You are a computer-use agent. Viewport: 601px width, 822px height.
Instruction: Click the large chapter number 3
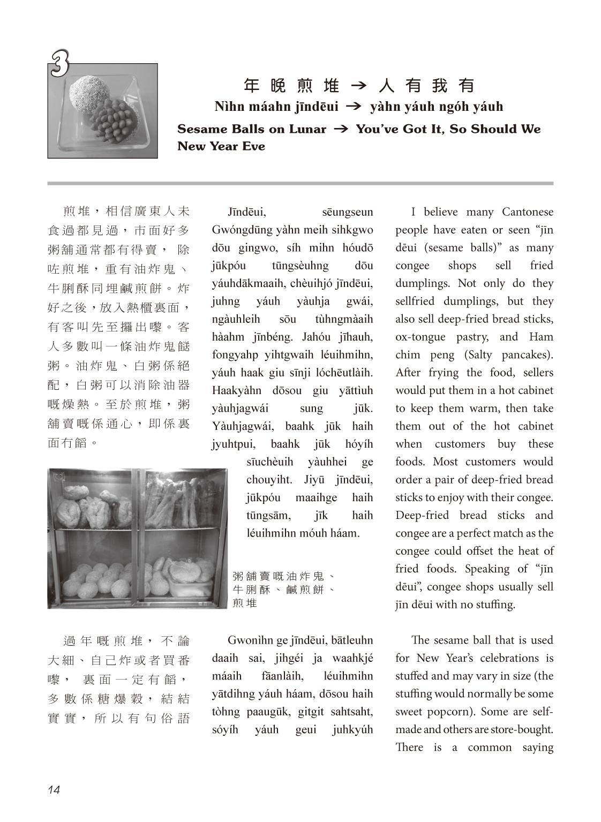pyautogui.click(x=59, y=64)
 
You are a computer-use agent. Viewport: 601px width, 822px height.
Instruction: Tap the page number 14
pyautogui.click(x=54, y=789)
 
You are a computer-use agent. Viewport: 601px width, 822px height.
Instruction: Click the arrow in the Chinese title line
pyautogui.click(x=358, y=86)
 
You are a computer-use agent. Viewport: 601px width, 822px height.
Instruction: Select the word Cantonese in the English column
pyautogui.click(x=527, y=212)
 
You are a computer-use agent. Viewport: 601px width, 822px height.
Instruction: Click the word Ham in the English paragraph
pyautogui.click(x=541, y=337)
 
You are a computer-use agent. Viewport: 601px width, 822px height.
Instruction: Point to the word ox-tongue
pyautogui.click(x=420, y=337)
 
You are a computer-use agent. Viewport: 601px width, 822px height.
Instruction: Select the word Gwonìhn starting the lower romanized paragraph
pyautogui.click(x=247, y=640)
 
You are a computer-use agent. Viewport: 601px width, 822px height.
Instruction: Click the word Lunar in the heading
pyautogui.click(x=309, y=129)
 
